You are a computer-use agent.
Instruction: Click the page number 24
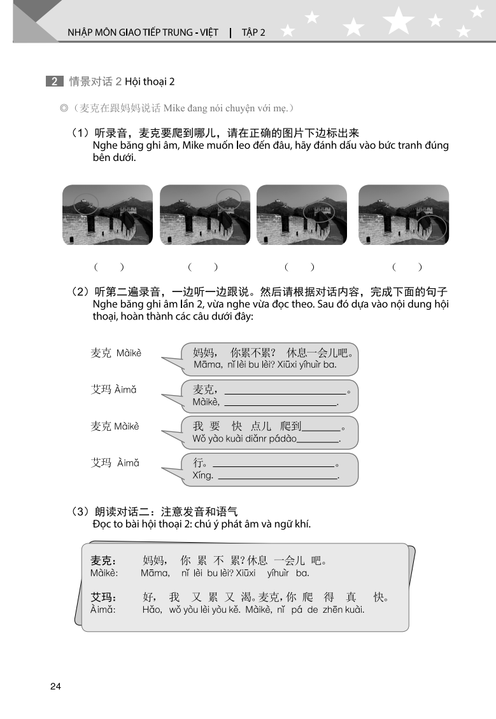(55, 686)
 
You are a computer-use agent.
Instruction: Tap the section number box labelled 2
(54, 81)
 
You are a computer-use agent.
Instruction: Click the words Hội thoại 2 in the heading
(150, 81)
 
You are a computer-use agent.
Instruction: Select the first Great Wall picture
(108, 214)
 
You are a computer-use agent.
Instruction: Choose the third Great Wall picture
(302, 214)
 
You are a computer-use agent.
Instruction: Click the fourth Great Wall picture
(404, 214)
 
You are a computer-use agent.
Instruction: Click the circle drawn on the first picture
(85, 204)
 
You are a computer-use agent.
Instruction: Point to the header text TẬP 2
(253, 32)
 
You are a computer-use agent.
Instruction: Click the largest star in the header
(399, 20)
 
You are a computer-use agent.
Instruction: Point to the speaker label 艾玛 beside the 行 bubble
(102, 463)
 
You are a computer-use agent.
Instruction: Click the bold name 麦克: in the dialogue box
(103, 561)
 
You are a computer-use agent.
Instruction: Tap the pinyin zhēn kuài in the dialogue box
(344, 610)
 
